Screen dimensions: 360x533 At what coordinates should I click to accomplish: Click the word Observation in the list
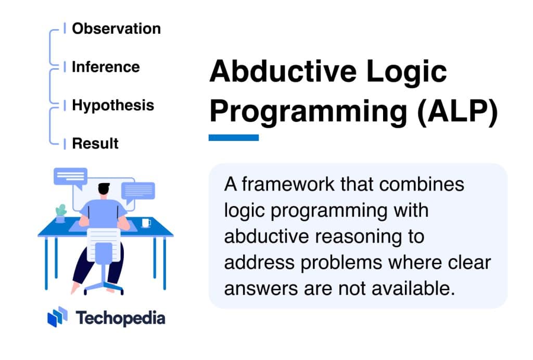116,29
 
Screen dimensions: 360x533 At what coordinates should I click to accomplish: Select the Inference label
106,67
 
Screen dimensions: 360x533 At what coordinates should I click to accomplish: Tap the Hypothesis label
113,105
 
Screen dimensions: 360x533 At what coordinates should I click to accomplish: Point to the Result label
95,143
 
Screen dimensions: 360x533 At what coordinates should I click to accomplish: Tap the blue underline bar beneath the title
233,137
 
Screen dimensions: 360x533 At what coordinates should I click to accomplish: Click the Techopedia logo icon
57,317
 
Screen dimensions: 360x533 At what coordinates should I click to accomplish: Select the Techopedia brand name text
120,318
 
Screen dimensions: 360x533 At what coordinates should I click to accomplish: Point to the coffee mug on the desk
146,223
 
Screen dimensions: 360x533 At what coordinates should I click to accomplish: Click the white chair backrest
103,243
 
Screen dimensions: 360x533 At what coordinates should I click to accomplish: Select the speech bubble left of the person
70,177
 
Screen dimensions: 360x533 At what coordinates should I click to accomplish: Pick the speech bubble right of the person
138,191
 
